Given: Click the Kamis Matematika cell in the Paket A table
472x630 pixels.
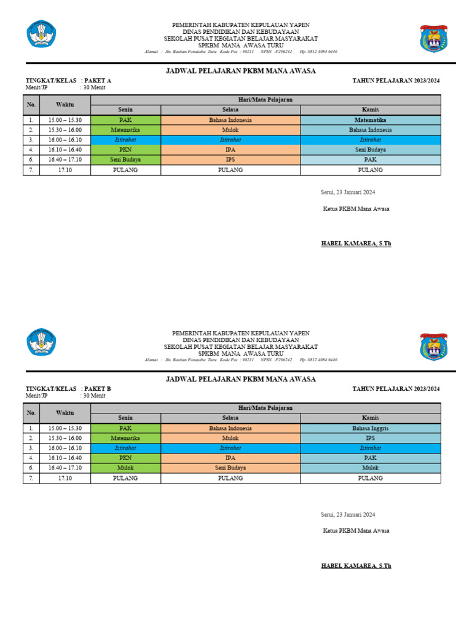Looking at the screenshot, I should tap(370, 120).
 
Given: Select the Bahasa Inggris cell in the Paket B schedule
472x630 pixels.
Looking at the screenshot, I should tap(370, 428).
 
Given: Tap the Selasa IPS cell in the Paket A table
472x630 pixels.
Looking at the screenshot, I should tap(230, 159).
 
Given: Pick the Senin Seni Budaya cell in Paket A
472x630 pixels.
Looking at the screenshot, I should tap(125, 159).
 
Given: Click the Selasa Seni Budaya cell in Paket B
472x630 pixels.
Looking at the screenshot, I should tap(230, 468).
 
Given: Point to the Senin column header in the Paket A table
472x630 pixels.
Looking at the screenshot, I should tap(125, 110).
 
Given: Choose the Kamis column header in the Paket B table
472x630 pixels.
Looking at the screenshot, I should tap(370, 418).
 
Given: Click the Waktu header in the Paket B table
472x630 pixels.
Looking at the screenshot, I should tap(65, 413).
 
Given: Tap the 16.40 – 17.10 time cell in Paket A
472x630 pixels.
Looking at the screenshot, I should tap(65, 159).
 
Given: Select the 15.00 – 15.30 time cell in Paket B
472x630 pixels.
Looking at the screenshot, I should tap(65, 428).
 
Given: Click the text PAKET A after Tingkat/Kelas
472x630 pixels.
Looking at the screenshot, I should tap(97, 81).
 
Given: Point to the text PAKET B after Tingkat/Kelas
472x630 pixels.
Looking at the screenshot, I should tap(97, 389).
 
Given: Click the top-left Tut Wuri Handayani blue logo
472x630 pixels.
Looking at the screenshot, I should tap(41, 34).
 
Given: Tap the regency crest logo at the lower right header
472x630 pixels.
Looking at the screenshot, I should tap(434, 346).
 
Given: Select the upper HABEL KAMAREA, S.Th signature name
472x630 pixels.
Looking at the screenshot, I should tap(356, 244).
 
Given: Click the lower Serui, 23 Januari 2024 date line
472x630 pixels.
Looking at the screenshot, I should tap(348, 514).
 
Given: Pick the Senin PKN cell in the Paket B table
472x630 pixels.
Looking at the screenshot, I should tap(125, 458).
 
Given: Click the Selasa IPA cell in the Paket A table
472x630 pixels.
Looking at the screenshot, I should tap(230, 150).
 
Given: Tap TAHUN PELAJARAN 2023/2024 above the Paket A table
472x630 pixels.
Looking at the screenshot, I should tap(396, 81).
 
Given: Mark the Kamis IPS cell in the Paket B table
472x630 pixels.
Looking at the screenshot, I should tap(370, 438).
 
